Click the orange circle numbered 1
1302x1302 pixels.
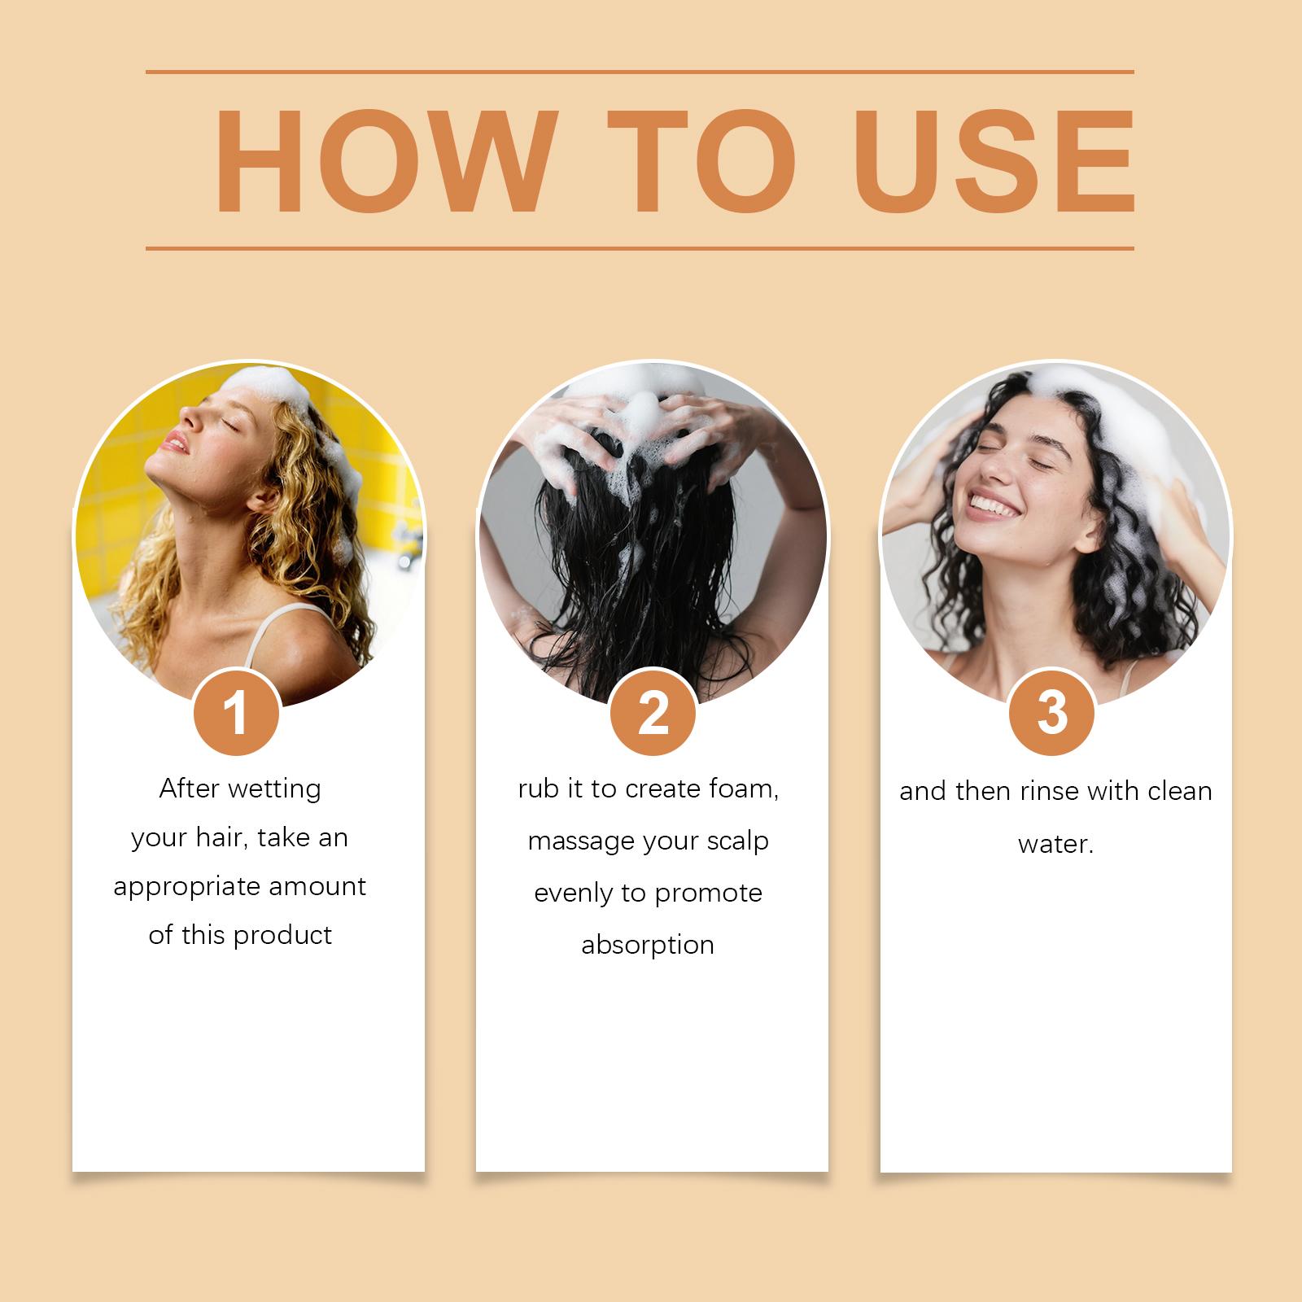point(237,714)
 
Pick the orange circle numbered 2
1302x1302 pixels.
point(653,714)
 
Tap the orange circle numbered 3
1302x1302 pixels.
point(1052,713)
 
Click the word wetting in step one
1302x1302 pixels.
point(275,789)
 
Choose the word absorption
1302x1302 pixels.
point(648,946)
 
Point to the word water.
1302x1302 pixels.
point(1055,844)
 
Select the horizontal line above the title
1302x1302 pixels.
point(640,72)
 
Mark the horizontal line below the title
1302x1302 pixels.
point(640,248)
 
